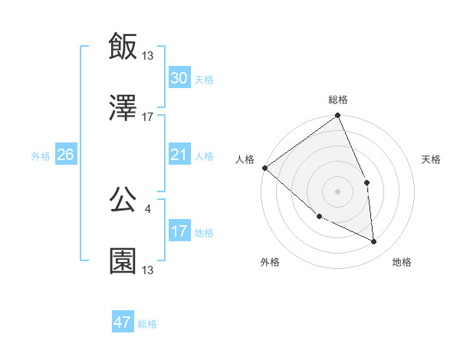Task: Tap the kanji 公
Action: coord(123,198)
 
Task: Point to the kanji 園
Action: coord(123,260)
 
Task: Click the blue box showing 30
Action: coord(179,78)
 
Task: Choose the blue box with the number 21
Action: coord(179,155)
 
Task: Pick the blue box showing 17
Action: coord(179,231)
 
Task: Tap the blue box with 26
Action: coord(65,155)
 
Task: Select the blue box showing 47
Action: coord(123,322)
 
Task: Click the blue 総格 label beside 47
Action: coord(147,324)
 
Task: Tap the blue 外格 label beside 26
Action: coord(41,156)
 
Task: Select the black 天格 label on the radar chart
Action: coord(432,159)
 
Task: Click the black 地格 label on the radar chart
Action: coord(402,262)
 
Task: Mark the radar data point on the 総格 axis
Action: coord(338,116)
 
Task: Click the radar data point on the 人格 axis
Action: coord(264,168)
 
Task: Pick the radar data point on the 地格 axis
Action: coord(374,242)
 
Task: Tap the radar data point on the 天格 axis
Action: coord(366,182)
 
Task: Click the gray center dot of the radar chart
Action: coord(337,191)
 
